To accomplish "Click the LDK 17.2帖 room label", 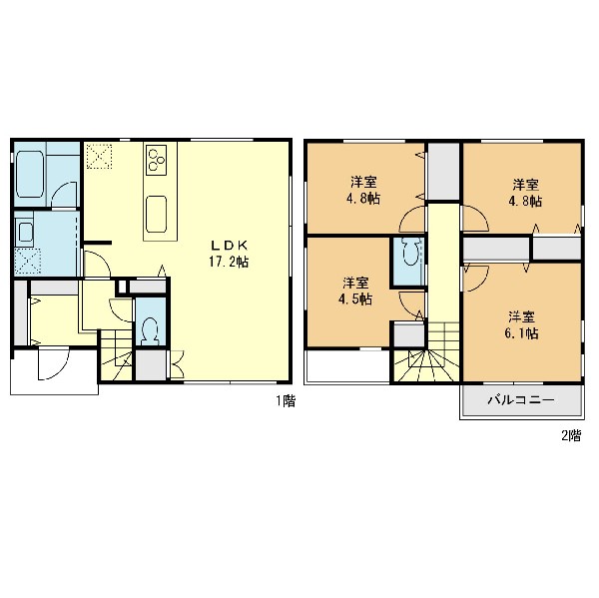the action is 229,254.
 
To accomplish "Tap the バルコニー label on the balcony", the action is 521,400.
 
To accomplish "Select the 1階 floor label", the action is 287,401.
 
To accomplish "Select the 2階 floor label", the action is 571,435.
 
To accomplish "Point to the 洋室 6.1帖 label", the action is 521,325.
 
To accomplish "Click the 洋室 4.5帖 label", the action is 355,291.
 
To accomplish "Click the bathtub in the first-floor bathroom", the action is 30,174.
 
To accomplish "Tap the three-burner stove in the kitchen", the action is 157,160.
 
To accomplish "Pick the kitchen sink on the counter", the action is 157,214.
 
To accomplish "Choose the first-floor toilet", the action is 151,330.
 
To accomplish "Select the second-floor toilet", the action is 409,252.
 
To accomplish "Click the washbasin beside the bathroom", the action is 25,232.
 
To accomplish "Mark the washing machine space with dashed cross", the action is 28,261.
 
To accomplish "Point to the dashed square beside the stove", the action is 99,156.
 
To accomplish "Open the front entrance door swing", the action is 53,363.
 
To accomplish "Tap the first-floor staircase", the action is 116,355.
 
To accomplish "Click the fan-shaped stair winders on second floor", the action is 426,366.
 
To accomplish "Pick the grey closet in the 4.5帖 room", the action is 409,334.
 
